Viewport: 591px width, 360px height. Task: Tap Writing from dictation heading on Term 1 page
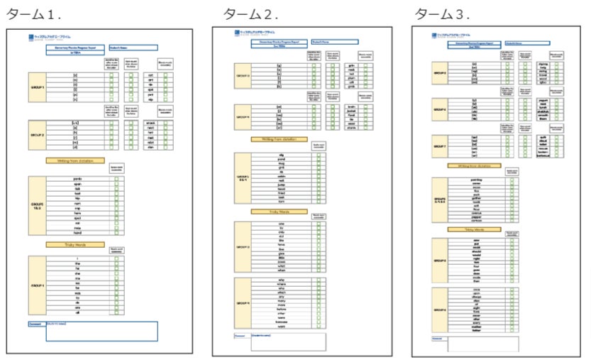76,160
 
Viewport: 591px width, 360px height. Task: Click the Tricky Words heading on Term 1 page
76,244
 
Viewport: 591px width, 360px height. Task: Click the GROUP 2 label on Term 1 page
38,133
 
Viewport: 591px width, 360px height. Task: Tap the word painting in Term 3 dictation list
476,180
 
